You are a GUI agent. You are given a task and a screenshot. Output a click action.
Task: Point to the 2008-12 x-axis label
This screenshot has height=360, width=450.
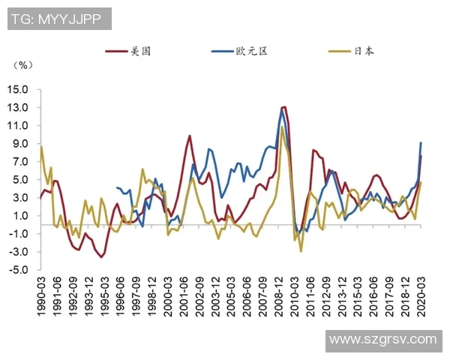pos(278,298)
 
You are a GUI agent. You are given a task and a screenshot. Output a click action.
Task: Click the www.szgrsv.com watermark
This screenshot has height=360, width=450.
pos(383,340)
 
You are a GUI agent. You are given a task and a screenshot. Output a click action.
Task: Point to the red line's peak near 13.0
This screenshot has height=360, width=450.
pos(283,107)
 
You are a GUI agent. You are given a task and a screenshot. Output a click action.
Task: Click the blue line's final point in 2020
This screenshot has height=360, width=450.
pos(421,142)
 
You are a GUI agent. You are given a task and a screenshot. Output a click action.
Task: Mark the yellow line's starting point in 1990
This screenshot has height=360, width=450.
pos(41,146)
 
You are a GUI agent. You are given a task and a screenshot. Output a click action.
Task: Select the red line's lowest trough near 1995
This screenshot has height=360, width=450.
pos(102,257)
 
